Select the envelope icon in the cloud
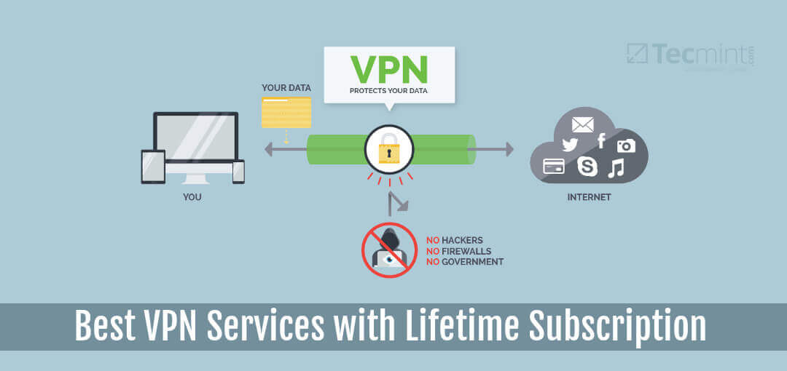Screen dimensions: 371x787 (583, 123)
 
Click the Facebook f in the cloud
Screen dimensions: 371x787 (601, 140)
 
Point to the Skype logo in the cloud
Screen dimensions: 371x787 (587, 167)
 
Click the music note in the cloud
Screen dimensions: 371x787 (616, 168)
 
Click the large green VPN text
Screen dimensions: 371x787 (389, 68)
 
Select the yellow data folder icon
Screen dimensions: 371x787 (286, 112)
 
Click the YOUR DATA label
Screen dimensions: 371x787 (286, 88)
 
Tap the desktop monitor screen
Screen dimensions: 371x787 (195, 137)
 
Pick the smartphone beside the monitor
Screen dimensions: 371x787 (238, 171)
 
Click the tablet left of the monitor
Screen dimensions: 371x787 (153, 166)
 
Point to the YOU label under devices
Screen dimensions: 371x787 (192, 197)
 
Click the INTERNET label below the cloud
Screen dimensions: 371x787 (589, 197)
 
